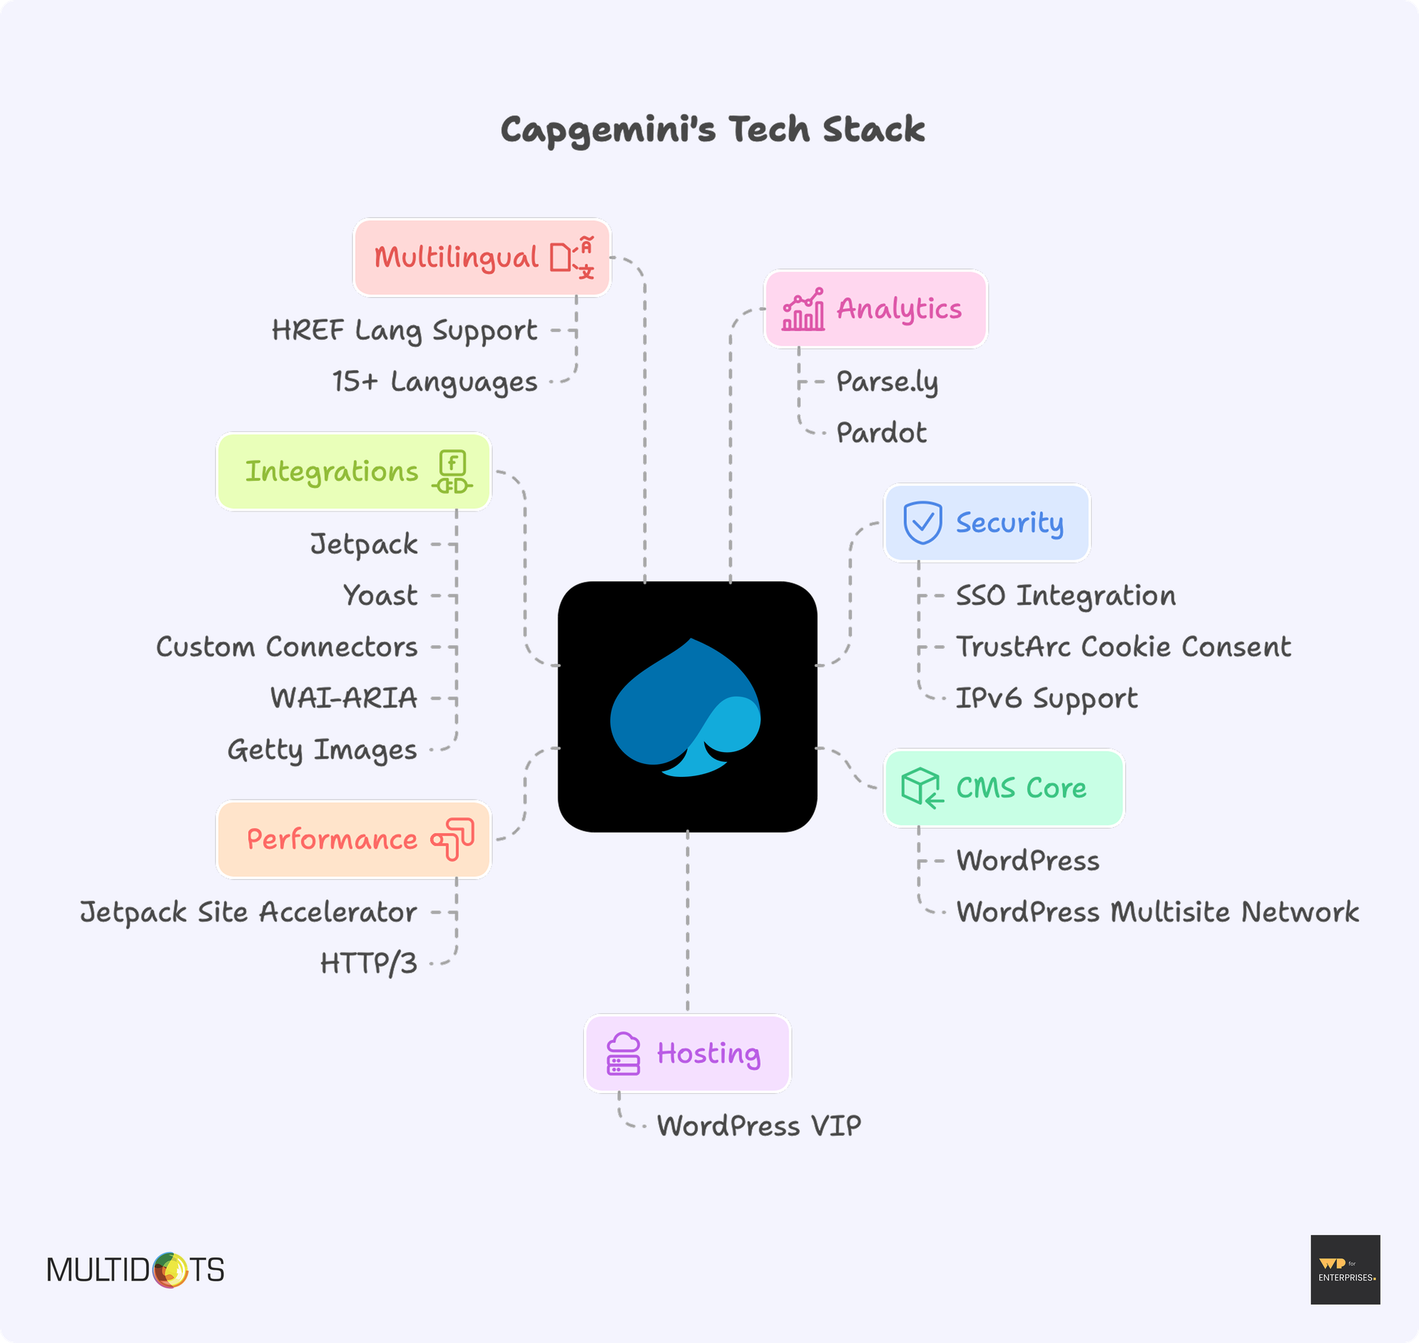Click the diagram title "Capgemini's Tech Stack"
click(712, 131)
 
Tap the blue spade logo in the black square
click(685, 707)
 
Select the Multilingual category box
click(482, 257)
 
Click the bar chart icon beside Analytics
click(802, 309)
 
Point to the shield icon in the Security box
click(922, 523)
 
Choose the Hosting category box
click(688, 1053)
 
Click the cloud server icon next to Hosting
click(623, 1054)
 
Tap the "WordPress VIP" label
click(759, 1126)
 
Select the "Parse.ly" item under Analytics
click(887, 382)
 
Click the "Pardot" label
click(881, 433)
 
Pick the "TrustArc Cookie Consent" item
click(1123, 646)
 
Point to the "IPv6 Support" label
click(1047, 699)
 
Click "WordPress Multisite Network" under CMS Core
click(1158, 912)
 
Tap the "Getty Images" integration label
click(322, 750)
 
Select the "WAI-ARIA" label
click(343, 698)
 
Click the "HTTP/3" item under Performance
click(369, 963)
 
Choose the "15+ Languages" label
click(435, 382)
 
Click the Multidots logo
click(136, 1270)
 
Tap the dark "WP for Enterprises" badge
click(1345, 1269)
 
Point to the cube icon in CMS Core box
click(922, 787)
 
